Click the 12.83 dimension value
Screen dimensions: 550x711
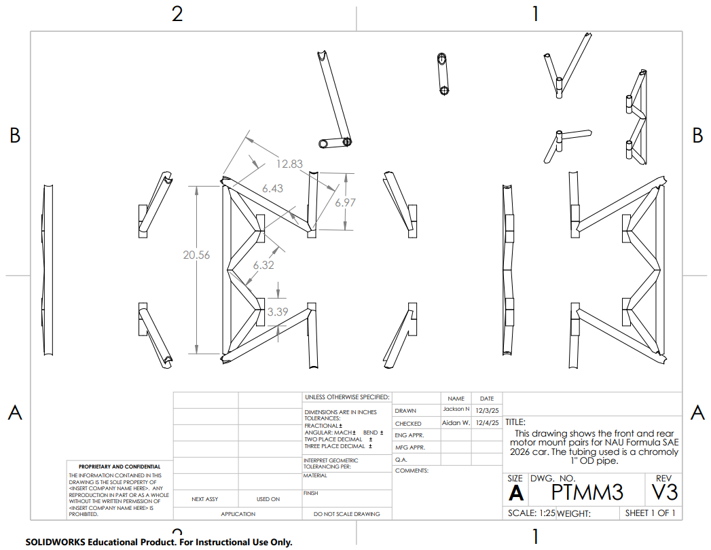[x=289, y=163]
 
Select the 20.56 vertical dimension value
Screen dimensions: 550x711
[x=196, y=255]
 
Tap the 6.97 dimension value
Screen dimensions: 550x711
[x=345, y=202]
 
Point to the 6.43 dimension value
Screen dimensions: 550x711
[x=272, y=188]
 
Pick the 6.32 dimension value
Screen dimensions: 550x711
[x=263, y=265]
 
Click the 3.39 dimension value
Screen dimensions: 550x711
[x=278, y=312]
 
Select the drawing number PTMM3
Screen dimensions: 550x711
[x=587, y=492]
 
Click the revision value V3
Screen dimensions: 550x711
[x=664, y=492]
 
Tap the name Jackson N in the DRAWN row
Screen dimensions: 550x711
[x=456, y=409]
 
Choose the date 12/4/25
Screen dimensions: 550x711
[x=487, y=422]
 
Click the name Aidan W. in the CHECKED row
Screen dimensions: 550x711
[x=456, y=422]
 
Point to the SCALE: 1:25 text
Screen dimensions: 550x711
[x=531, y=513]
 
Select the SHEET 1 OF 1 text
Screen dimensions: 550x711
[x=650, y=513]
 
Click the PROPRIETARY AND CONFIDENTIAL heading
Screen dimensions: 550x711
[x=120, y=466]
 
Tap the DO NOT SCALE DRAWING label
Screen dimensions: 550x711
[x=346, y=514]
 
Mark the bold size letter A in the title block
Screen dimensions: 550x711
[x=515, y=494]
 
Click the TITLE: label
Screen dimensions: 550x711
[x=516, y=422]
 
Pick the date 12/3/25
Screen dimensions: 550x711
[x=487, y=409]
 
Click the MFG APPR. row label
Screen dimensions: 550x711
[x=409, y=447]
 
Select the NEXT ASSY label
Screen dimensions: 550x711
[x=205, y=499]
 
